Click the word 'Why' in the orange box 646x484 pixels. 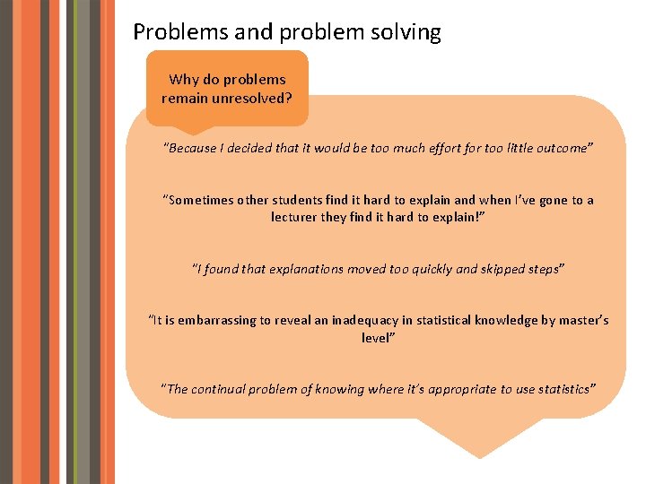(184, 79)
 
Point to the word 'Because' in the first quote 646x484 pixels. (192, 148)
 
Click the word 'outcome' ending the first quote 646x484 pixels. (563, 148)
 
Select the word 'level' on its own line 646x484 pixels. (377, 337)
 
